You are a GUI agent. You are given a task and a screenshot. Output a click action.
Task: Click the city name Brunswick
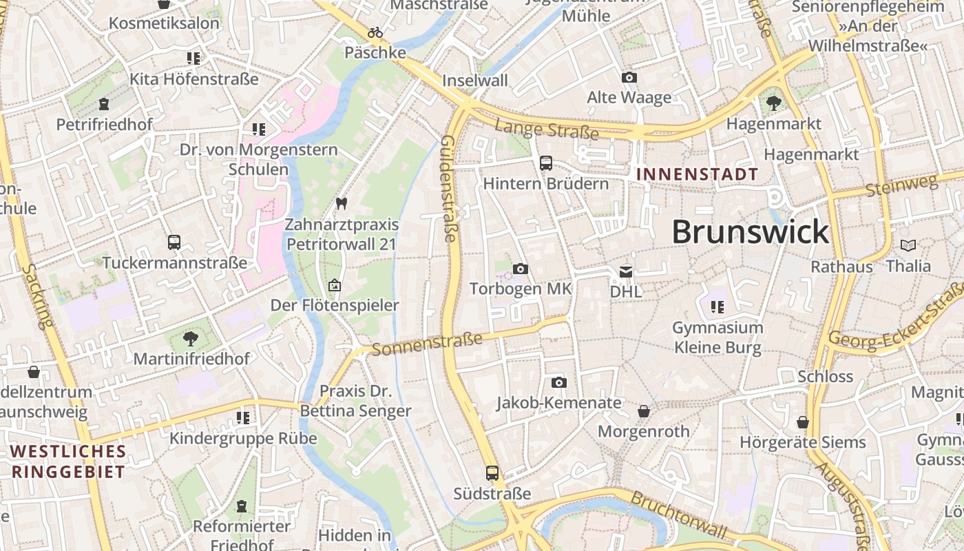(750, 231)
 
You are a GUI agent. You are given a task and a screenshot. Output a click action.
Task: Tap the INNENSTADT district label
(697, 174)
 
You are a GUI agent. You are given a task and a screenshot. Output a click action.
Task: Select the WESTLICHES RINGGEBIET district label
(68, 461)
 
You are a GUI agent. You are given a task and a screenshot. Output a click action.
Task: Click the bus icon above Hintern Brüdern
(546, 163)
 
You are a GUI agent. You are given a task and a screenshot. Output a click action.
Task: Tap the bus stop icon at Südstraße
(492, 473)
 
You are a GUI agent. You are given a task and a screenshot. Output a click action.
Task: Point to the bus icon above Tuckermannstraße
(174, 242)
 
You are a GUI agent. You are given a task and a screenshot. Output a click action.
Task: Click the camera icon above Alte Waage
(629, 78)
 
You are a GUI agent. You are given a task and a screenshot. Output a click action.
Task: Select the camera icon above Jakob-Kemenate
(559, 382)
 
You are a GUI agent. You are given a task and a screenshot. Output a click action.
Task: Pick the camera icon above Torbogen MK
(521, 269)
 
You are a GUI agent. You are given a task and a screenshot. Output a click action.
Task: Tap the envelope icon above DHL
(626, 272)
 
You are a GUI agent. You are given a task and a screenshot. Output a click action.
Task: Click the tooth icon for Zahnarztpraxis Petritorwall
(340, 204)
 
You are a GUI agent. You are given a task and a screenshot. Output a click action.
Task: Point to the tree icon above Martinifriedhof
(190, 338)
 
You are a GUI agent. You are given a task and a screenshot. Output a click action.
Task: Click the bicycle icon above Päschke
(375, 32)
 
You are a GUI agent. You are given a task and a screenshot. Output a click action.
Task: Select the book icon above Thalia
(908, 245)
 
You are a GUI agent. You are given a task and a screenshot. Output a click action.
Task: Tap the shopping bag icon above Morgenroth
(644, 411)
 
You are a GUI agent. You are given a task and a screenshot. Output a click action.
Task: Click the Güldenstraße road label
(448, 188)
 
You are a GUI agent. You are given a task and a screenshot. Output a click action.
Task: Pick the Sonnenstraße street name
(427, 343)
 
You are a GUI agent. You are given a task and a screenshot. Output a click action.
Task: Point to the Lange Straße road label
(546, 129)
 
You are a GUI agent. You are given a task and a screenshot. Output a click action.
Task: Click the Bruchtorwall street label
(679, 515)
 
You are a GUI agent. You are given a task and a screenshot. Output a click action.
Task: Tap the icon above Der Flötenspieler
(335, 284)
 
